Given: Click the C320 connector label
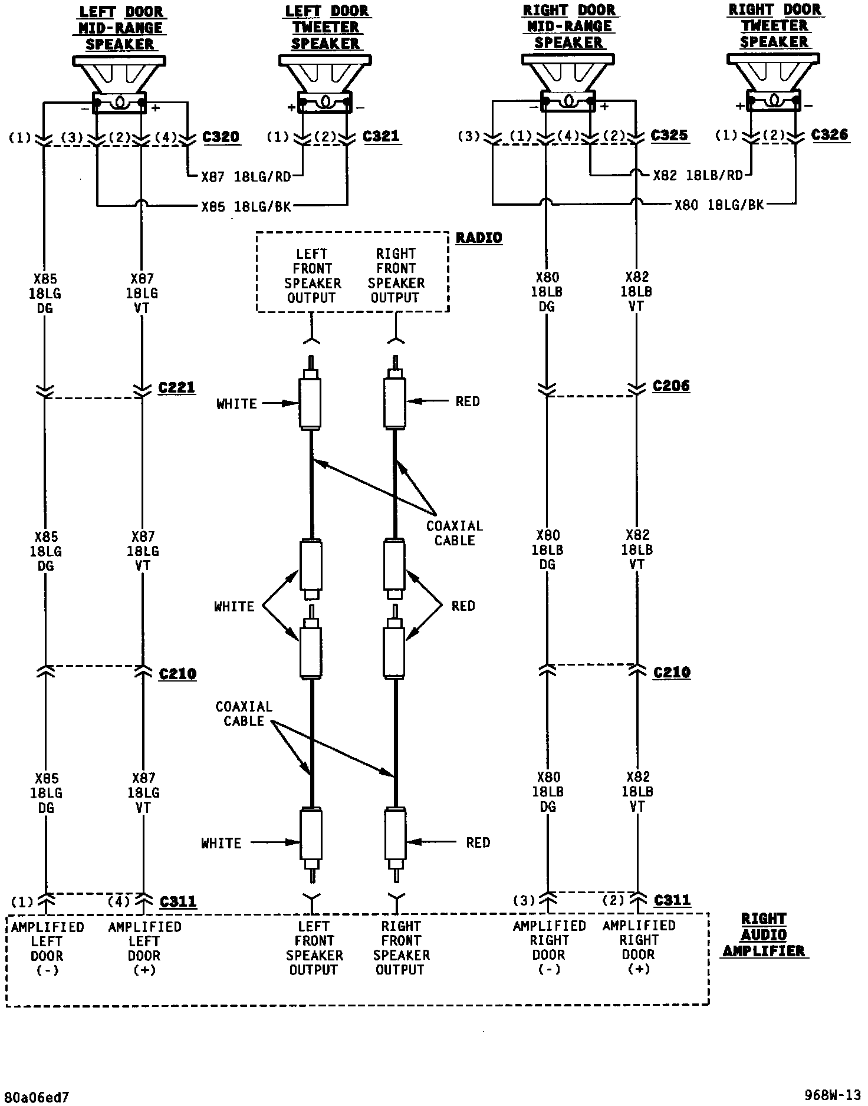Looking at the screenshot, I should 221,137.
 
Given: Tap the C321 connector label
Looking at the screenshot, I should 382,136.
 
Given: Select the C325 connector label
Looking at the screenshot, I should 669,135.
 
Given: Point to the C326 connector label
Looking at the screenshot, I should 830,134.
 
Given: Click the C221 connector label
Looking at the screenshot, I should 177,387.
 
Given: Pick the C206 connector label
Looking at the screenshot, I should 671,386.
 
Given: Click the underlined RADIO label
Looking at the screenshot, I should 479,238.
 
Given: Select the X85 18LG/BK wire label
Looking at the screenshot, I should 246,206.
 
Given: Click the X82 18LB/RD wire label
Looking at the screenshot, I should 698,175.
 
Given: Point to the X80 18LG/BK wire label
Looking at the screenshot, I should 719,205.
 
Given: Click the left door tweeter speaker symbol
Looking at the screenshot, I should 325,83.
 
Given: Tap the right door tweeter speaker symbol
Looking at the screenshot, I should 773,81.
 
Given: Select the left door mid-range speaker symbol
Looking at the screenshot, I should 119,83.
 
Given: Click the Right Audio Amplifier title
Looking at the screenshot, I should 764,934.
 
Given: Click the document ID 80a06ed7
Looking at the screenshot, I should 35,1097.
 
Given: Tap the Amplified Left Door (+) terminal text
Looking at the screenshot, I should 144,948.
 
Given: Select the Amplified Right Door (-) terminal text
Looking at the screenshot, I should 549,947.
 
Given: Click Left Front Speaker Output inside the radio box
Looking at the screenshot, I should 312,275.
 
